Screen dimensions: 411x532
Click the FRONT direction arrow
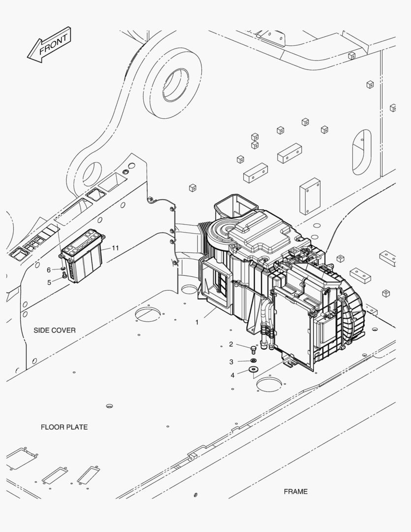coord(49,45)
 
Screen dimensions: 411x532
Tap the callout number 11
coord(115,248)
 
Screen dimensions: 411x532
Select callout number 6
coord(49,269)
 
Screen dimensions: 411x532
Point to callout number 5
coord(49,282)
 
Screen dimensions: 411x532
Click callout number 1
coord(197,322)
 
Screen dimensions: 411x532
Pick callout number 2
coord(231,344)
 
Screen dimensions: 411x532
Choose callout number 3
coord(231,362)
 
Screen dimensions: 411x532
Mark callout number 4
coord(232,375)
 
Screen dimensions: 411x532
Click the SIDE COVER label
coord(55,330)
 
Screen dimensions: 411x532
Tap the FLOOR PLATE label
coord(64,427)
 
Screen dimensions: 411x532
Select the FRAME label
coord(295,491)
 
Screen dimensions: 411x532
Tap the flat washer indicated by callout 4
coord(254,369)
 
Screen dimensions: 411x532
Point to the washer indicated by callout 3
coord(254,361)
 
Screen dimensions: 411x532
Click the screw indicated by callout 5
coord(64,276)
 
